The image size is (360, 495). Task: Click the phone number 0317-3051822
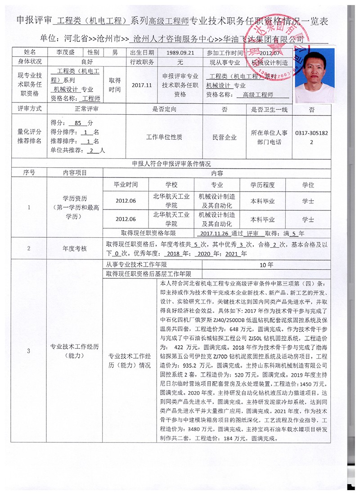point(311,138)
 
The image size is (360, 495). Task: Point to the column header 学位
point(308,185)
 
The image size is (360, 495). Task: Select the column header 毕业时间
point(126,185)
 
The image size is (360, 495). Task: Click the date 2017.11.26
point(213,234)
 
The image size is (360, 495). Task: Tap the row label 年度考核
point(75,248)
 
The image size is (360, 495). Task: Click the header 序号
point(29,172)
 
